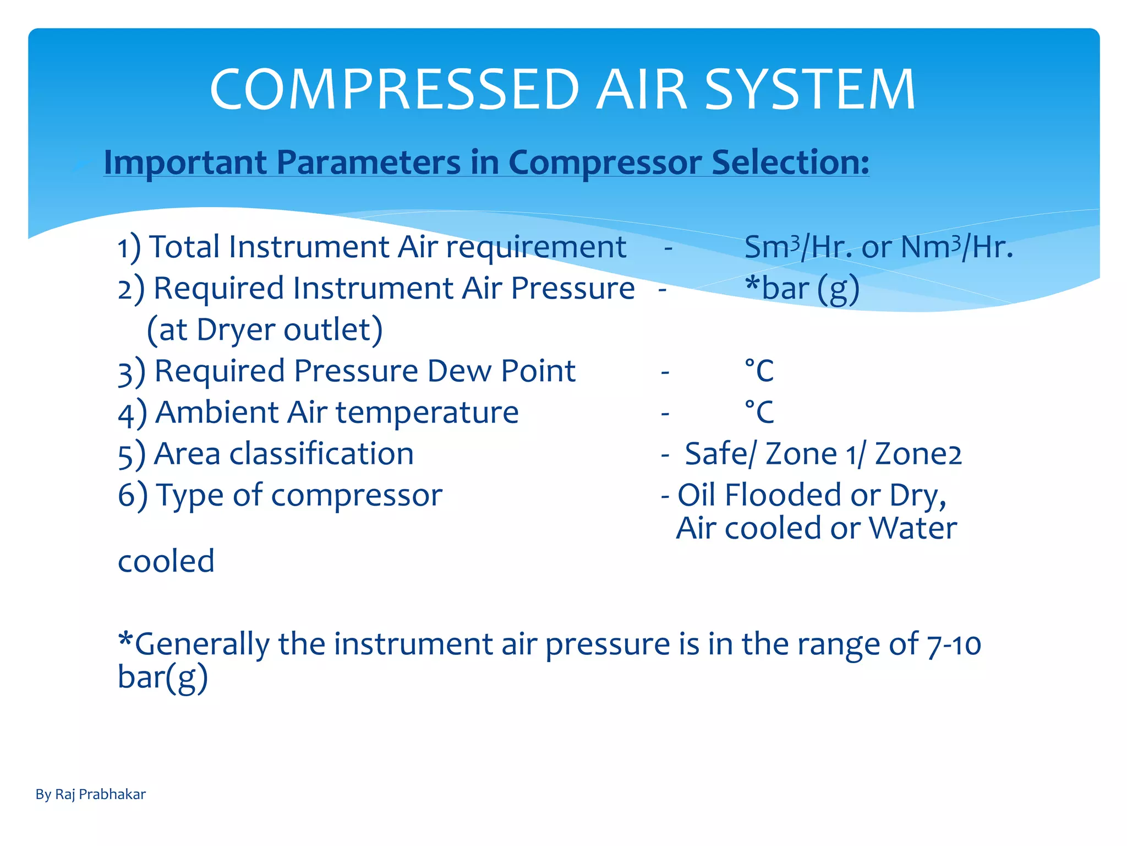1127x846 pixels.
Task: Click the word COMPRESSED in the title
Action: pos(395,89)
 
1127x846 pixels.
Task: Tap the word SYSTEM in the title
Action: pos(809,89)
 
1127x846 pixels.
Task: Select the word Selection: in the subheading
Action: pos(790,162)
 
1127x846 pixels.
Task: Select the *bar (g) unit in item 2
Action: pos(802,289)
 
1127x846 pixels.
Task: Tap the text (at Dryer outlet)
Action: pos(265,330)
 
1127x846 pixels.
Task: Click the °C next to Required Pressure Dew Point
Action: pos(759,371)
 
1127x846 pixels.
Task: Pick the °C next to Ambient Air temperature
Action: pos(759,413)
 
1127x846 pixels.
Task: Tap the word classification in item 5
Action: pos(321,454)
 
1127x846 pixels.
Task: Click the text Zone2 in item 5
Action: pos(918,454)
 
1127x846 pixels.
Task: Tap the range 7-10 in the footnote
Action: pos(954,644)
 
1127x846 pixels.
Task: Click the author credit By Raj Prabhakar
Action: pos(91,794)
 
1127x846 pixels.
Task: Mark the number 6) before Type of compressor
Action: pos(133,495)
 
